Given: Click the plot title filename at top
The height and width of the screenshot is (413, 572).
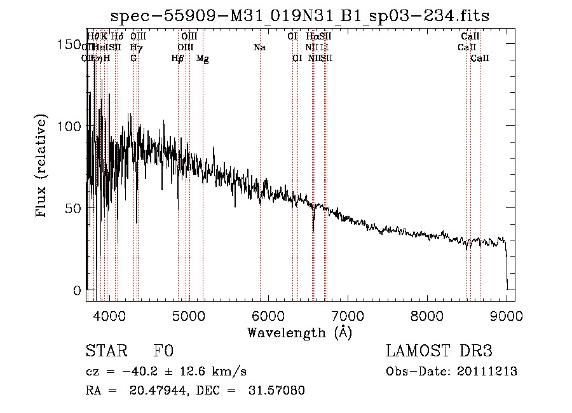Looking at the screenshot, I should tap(300, 15).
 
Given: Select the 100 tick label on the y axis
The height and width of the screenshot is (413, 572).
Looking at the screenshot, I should tap(69, 126).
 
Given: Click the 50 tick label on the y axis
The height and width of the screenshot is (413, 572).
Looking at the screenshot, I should tap(73, 208).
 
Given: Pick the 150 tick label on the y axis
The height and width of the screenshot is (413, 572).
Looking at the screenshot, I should tap(69, 45).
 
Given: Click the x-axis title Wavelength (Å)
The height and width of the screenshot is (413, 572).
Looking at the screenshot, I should tap(299, 332).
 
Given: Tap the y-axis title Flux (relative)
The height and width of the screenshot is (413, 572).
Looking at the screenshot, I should tap(43, 167).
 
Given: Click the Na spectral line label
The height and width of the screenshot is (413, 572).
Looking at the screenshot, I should tap(259, 47).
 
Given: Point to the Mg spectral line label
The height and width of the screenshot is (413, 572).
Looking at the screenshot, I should tap(203, 59).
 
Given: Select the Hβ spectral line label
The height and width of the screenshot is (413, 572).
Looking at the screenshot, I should tap(177, 59).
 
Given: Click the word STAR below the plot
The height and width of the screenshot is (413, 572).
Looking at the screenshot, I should tap(104, 351).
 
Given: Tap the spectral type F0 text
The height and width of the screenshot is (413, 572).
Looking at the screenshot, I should tap(163, 351).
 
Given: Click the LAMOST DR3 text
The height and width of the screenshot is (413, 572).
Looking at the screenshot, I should tap(439, 351).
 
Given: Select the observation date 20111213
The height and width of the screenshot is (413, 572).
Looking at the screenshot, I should tap(487, 372).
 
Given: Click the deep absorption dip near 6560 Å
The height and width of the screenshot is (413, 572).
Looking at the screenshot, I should tap(313, 226).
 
